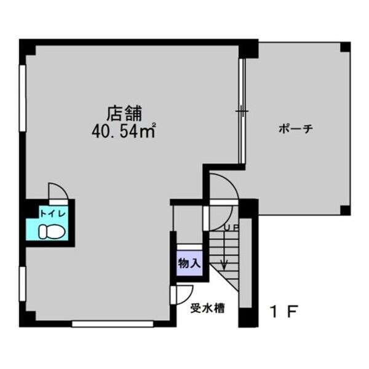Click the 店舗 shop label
[x=124, y=113]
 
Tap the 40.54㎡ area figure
[x=124, y=131]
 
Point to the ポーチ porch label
[x=296, y=129]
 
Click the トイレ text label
[x=53, y=214]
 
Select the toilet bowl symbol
[x=52, y=232]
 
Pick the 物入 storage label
[x=189, y=263]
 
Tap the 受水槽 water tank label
[x=207, y=309]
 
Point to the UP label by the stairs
[x=231, y=228]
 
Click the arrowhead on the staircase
[x=224, y=264]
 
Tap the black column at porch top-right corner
[x=345, y=47]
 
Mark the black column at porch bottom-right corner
[x=345, y=210]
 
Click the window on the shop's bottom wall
[x=113, y=324]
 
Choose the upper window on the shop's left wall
[x=23, y=98]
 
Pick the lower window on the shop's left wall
[x=23, y=284]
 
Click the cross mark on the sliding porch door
[x=242, y=110]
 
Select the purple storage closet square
[x=189, y=263]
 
